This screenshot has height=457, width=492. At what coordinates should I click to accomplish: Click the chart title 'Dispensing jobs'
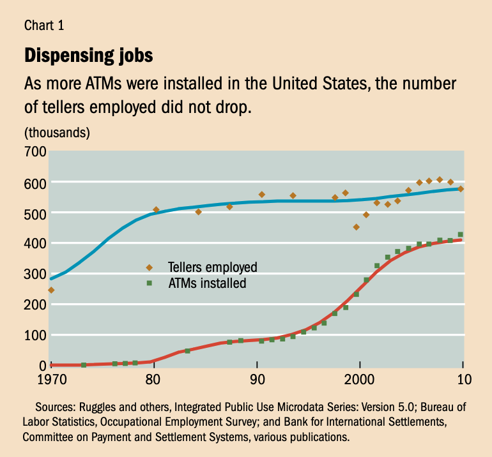tap(88, 56)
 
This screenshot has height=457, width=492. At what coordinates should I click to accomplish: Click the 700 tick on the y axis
tap(35, 151)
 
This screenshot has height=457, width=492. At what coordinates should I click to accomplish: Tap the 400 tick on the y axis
tap(35, 243)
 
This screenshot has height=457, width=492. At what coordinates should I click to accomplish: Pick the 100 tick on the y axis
tap(35, 335)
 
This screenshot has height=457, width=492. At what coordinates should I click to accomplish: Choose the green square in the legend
tap(150, 282)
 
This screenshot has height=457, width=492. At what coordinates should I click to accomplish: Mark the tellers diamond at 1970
tap(51, 290)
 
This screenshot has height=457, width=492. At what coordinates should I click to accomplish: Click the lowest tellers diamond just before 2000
tap(357, 227)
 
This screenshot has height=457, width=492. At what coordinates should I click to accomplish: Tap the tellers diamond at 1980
tap(156, 210)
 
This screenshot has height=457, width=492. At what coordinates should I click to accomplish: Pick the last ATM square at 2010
tap(461, 235)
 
